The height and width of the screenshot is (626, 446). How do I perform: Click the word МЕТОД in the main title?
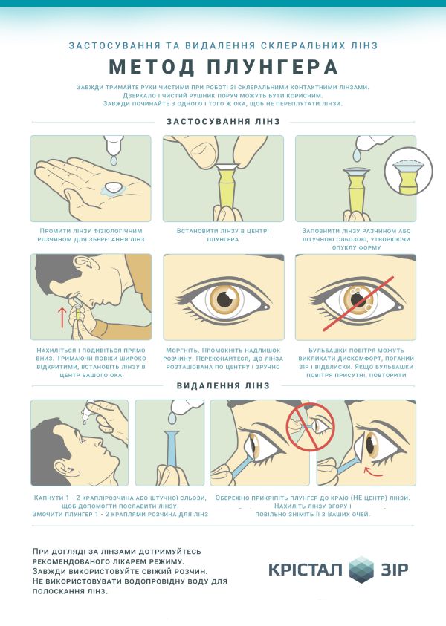152,67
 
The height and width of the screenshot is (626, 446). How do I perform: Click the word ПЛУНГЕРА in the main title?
273,67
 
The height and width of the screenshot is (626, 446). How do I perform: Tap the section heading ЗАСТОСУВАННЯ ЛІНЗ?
224,121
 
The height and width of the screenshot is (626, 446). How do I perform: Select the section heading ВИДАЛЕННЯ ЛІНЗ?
224,385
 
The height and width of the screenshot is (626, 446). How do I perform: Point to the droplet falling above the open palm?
114,160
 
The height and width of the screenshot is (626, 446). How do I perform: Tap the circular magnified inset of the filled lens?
408,172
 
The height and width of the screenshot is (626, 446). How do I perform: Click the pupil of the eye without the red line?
224,299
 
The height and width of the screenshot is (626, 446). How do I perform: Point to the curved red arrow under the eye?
373,472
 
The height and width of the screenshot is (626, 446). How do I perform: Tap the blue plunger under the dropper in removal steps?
172,449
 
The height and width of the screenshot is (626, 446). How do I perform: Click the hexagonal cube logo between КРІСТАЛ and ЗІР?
361,570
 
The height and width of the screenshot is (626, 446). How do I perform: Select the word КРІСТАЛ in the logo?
306,570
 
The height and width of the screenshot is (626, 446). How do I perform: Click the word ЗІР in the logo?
395,570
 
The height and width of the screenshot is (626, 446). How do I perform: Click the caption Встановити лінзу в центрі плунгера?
223,235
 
